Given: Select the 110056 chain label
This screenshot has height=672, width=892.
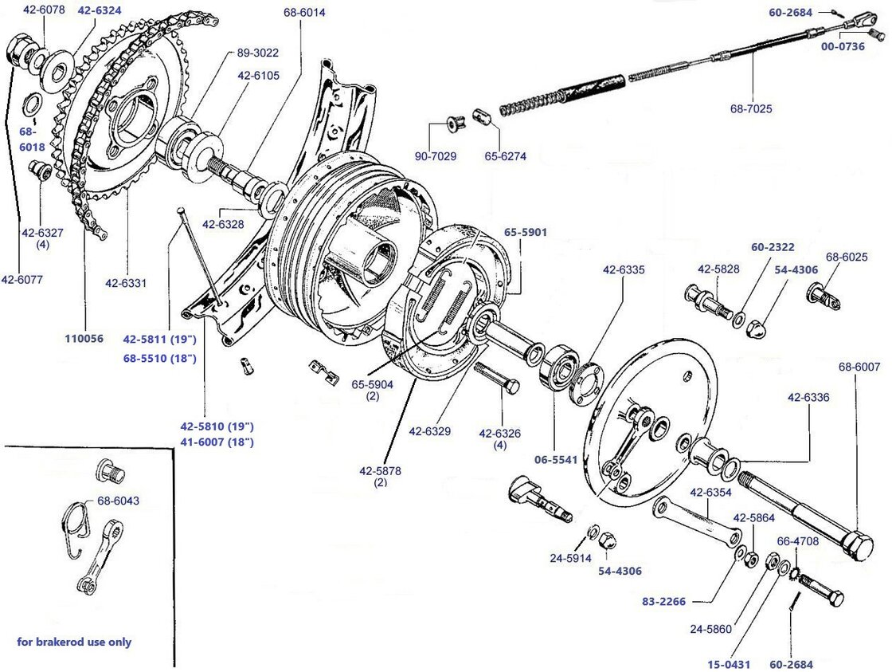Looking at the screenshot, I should point(84,338).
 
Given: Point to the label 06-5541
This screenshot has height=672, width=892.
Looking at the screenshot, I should point(556,460).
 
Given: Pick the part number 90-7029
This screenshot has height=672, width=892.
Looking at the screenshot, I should point(435,155).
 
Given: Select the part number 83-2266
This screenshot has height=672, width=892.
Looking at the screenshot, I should point(663,601).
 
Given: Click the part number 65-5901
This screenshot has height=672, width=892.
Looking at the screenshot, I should point(525,232).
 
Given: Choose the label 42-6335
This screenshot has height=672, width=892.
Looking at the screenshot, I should point(624,270).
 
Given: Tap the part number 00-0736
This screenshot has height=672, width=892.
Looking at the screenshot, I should point(844,46).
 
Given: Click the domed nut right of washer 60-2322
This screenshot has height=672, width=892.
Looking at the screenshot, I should point(757,327).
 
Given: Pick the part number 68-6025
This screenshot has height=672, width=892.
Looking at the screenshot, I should point(847,257).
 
